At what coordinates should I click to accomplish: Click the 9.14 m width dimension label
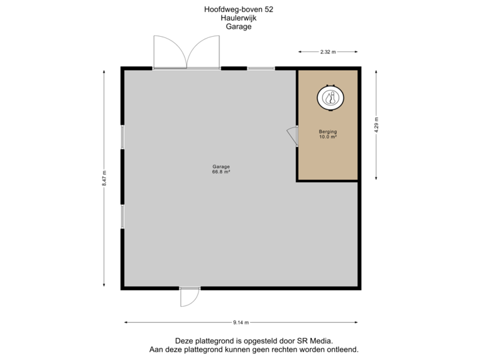coord(241,322)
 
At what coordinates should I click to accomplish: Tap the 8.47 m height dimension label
coord(104,179)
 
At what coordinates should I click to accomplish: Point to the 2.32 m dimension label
coord(328,51)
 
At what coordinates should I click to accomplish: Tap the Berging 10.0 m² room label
coord(327,134)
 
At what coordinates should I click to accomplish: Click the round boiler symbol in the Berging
coord(329,99)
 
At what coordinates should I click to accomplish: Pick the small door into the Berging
coord(293,135)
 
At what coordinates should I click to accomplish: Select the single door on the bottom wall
coord(190,297)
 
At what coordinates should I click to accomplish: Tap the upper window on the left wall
coord(123,137)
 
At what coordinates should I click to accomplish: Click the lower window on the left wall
coord(123,217)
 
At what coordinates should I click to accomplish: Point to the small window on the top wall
coord(261,68)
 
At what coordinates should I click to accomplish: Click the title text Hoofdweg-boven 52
coord(239,9)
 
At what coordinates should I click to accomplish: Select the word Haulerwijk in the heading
coord(239,19)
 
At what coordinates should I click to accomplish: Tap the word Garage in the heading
coord(239,27)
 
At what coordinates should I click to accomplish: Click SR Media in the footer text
coord(313,340)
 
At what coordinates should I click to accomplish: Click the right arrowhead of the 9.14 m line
coord(355,322)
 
